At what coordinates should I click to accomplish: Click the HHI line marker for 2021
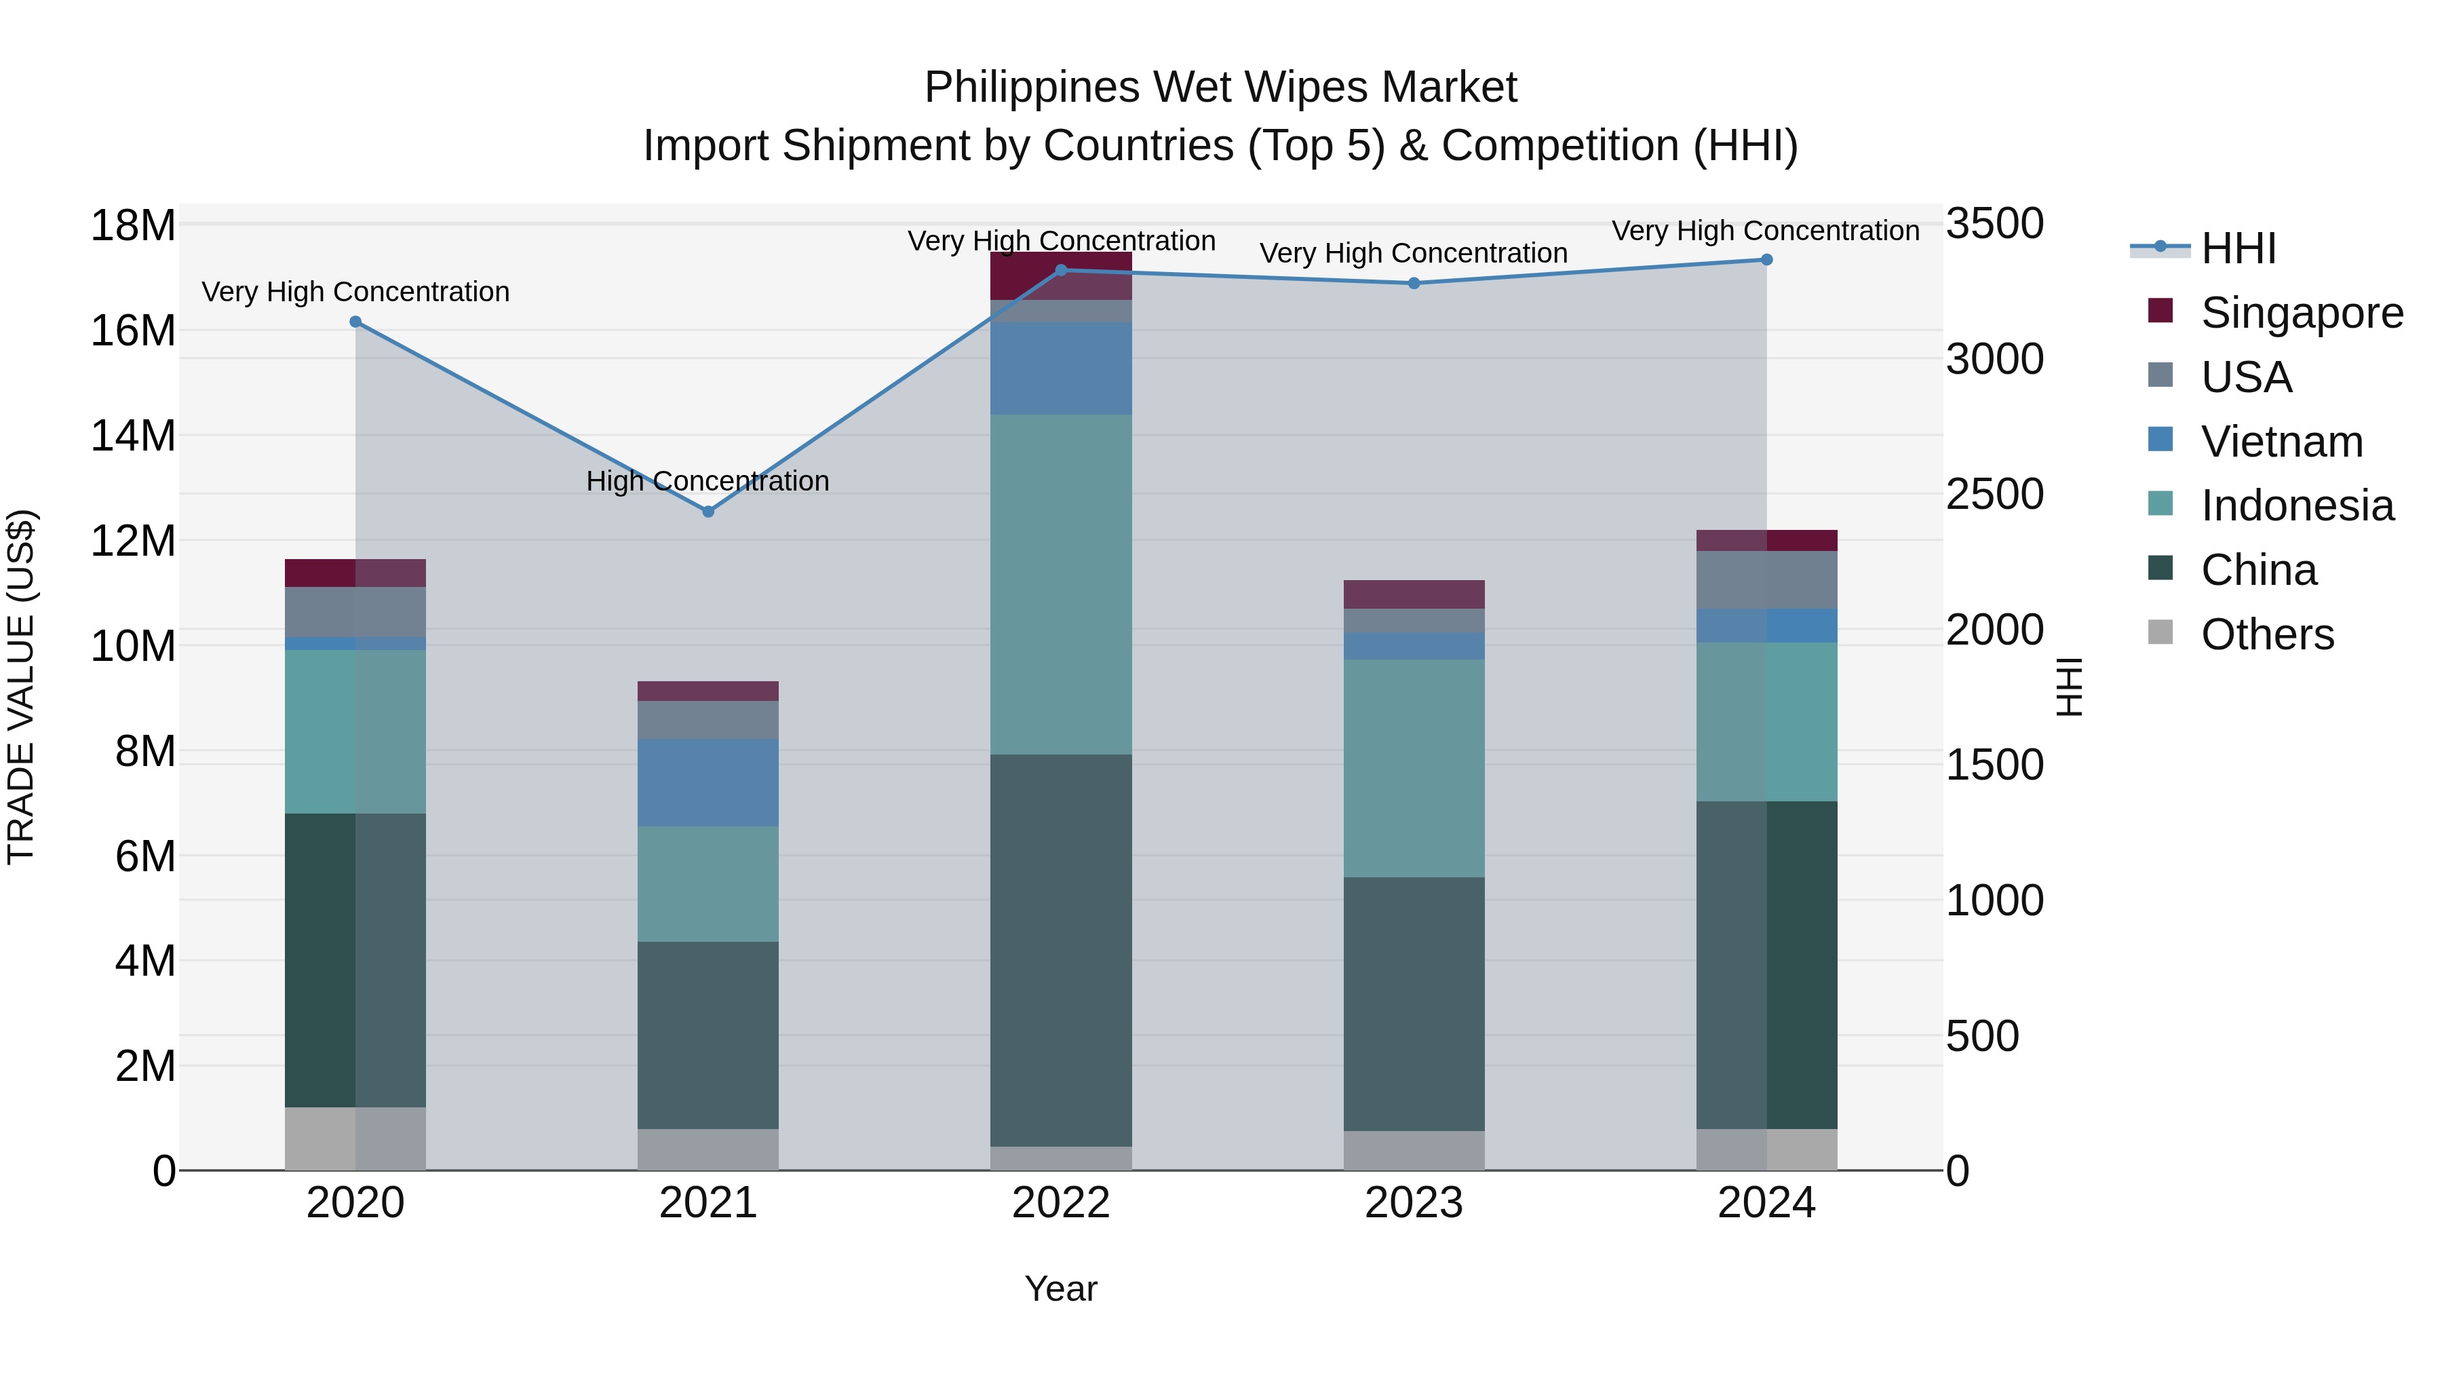[x=708, y=511]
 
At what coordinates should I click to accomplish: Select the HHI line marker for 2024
[x=1766, y=260]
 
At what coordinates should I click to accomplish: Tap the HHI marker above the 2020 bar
[x=355, y=322]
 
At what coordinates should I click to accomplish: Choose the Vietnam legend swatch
[x=2160, y=440]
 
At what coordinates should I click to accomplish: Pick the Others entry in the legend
[x=2266, y=634]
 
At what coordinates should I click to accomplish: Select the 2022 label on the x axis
[x=1061, y=1203]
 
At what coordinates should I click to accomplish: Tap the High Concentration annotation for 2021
[x=708, y=481]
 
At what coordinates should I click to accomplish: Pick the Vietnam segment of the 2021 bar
[x=708, y=782]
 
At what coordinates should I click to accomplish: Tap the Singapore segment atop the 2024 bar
[x=1766, y=541]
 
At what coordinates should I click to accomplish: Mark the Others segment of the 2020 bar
[x=355, y=1138]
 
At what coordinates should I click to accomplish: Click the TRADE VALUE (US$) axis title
[x=21, y=687]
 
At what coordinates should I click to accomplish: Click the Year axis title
[x=1061, y=1289]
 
